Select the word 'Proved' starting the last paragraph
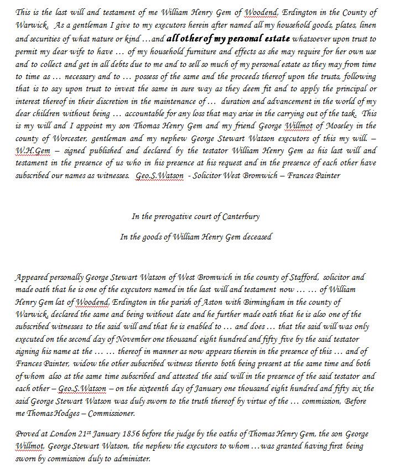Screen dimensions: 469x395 [x=28, y=435]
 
